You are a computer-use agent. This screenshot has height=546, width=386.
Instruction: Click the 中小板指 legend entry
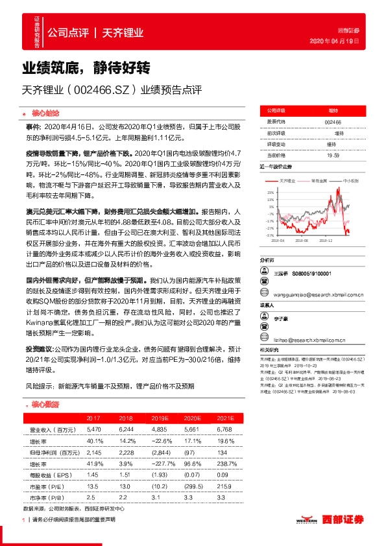click(x=351, y=182)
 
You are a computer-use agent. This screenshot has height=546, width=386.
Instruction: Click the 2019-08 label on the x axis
click(x=302, y=239)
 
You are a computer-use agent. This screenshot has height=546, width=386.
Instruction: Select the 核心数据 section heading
click(x=45, y=404)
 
